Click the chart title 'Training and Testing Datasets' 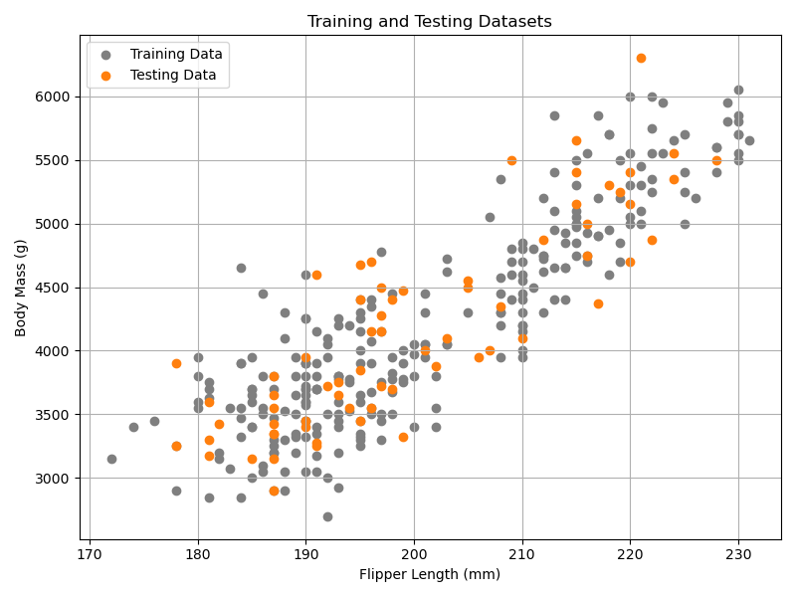(430, 22)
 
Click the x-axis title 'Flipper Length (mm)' (430, 574)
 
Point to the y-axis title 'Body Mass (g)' (21, 288)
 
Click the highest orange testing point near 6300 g (641, 59)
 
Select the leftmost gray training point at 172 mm (111, 459)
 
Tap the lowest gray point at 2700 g (327, 516)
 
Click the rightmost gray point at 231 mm (749, 140)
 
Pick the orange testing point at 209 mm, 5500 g (511, 160)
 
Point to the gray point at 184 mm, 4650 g (241, 268)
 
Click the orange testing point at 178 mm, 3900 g (176, 363)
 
